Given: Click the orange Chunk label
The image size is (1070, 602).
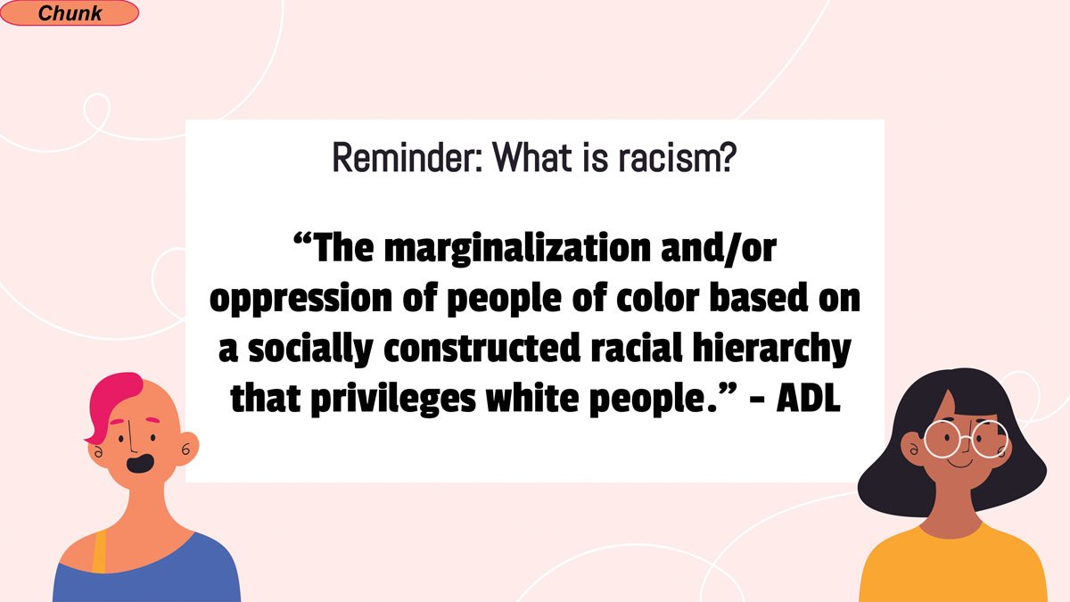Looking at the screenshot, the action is [70, 12].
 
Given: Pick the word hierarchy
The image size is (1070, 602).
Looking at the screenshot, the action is [772, 350].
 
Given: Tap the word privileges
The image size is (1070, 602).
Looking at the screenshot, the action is [393, 400].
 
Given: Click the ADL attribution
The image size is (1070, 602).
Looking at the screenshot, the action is [808, 398].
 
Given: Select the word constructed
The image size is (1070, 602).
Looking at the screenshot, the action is [481, 349].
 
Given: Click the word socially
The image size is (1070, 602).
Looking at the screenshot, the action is [310, 350].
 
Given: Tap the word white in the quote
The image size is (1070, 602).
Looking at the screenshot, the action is [533, 398].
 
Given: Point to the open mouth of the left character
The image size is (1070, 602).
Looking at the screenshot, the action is [140, 464].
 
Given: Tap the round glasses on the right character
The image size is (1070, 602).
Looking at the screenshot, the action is [965, 439].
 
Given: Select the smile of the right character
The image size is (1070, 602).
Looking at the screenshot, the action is [960, 464].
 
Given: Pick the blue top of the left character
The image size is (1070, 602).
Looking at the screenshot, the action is [148, 573].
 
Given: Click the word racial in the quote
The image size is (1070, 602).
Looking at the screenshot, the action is [637, 349].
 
